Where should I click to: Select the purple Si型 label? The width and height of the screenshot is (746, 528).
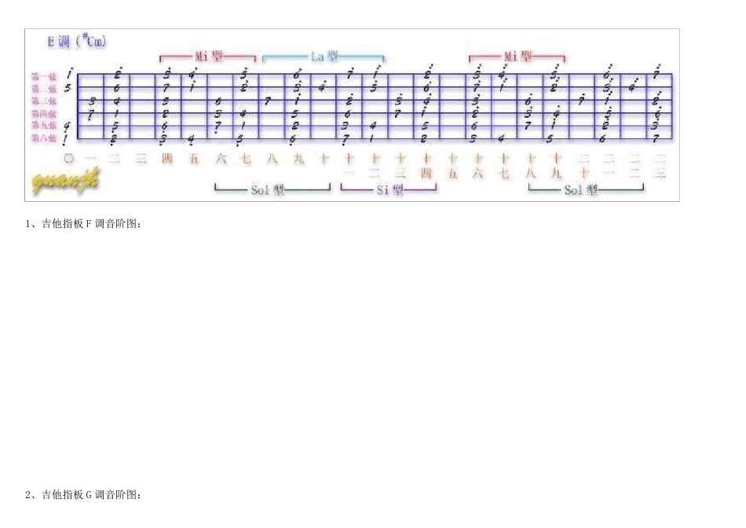point(389,189)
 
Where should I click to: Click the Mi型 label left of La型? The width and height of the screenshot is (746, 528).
point(209,57)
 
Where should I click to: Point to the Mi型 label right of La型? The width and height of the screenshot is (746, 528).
point(517,57)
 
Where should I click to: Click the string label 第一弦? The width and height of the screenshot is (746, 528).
point(43,76)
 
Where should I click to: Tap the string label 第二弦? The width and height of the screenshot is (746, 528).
point(43,89)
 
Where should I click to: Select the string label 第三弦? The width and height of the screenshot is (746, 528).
point(43,101)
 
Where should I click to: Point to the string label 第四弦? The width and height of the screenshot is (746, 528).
point(43,114)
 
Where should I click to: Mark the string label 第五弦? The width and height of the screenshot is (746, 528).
point(43,126)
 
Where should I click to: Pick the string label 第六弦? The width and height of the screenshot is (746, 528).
point(43,138)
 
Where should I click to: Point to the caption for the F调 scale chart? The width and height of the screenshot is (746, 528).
point(84,225)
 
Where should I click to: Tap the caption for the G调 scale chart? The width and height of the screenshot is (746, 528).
point(84,495)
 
